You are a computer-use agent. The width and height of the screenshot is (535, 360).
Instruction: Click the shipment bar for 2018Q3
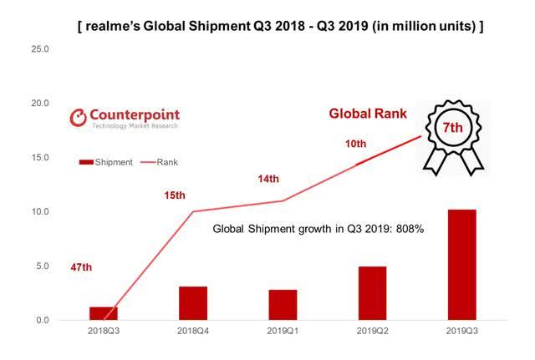[104, 313]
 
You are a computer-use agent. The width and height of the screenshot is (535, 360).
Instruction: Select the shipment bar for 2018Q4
[193, 303]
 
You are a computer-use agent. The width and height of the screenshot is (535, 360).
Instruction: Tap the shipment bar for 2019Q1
[283, 305]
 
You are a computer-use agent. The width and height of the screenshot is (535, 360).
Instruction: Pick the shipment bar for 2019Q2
[373, 293]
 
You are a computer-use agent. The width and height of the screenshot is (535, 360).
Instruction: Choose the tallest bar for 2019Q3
[462, 265]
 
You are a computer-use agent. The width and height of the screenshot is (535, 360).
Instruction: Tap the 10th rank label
[355, 145]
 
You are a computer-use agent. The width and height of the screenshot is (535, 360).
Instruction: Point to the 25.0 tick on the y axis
[40, 49]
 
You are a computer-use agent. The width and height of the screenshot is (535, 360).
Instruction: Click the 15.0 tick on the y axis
[40, 158]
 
